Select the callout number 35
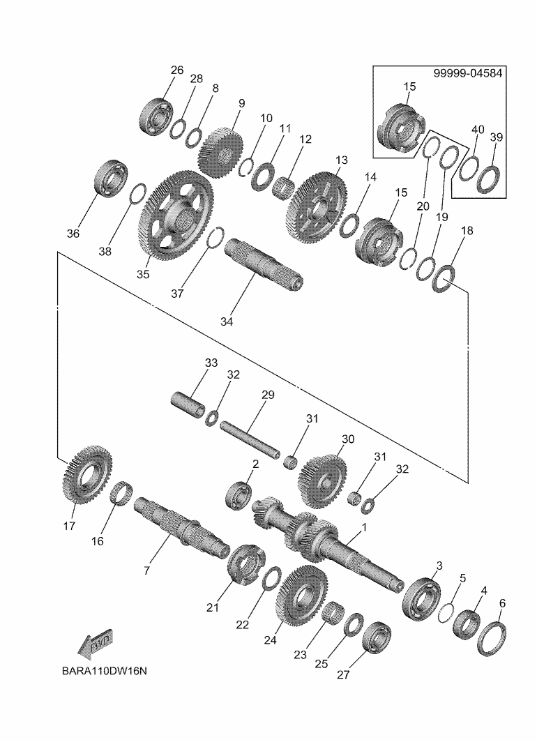142,274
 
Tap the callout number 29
267,395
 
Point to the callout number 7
146,570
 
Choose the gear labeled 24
303,596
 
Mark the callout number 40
477,130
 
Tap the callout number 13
340,160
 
